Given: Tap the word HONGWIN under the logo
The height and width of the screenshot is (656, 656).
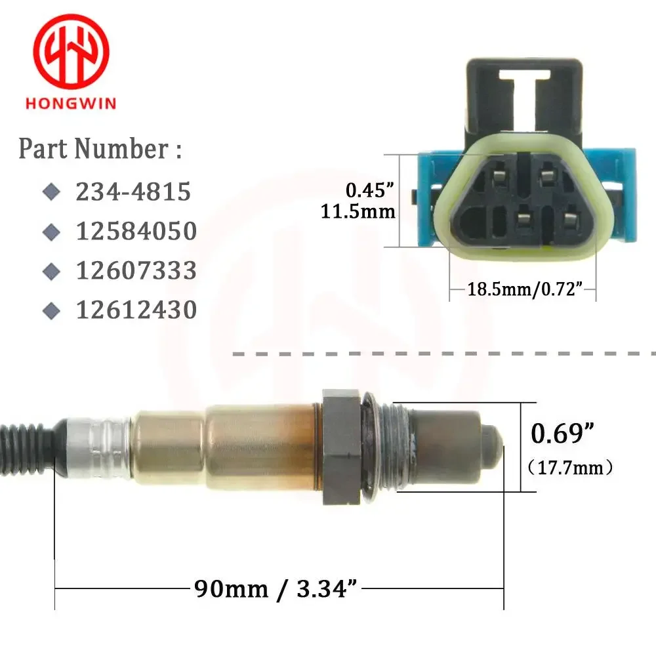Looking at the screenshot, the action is (x=71, y=104).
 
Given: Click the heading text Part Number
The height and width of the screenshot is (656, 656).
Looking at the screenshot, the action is (x=100, y=149).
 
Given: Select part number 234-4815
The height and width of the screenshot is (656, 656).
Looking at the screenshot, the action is (x=133, y=192).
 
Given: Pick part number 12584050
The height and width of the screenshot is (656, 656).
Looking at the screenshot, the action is (x=136, y=231).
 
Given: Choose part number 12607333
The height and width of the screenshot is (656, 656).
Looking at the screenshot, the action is (x=136, y=270).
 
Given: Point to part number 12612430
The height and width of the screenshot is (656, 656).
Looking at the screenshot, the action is (x=136, y=310).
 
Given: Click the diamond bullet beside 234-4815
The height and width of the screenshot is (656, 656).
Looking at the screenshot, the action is (x=51, y=192).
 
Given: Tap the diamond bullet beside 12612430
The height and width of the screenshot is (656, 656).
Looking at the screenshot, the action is (x=51, y=310).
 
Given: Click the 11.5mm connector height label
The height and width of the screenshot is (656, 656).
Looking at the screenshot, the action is (x=358, y=211).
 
